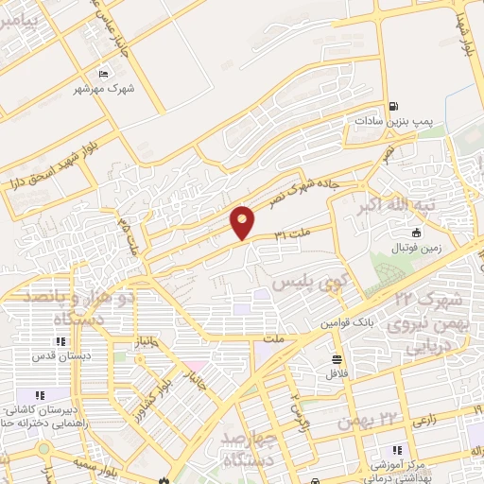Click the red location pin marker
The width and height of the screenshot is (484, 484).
pos(244,222)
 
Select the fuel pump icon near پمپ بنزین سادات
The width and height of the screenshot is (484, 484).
pos(393,107)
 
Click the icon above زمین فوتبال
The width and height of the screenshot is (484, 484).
pos(416,233)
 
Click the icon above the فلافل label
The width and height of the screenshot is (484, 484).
pos(337,358)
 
